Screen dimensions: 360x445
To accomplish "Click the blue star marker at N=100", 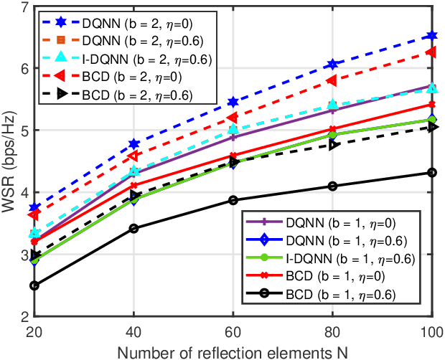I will [431, 36].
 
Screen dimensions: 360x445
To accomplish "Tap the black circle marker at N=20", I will [34, 285].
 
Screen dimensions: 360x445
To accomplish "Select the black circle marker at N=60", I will [233, 200].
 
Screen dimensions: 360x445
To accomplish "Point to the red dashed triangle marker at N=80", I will [332, 80].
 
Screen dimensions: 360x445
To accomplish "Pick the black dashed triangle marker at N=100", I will [431, 127].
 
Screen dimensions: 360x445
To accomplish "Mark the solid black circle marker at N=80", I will [332, 186].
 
